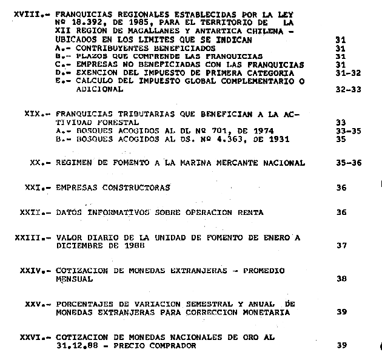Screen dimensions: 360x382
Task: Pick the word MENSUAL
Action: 74,279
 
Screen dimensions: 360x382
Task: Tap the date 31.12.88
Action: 74,345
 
